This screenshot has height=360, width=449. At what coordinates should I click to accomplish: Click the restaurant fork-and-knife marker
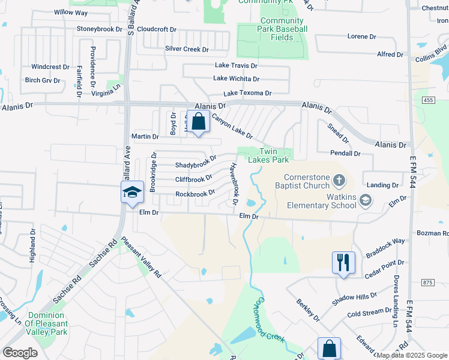[x=343, y=262]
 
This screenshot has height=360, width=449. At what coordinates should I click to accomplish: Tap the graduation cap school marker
[x=132, y=193]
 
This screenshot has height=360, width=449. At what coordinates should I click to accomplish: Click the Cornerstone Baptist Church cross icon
[x=339, y=179]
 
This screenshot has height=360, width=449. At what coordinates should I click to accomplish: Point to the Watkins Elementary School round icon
[x=365, y=201]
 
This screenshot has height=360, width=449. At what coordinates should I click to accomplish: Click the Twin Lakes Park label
[x=274, y=155]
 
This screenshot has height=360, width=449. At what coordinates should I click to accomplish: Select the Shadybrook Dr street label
[x=195, y=164]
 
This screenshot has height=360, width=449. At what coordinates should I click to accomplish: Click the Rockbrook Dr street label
[x=195, y=194]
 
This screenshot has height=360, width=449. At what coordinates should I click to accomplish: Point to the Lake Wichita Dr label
[x=236, y=79]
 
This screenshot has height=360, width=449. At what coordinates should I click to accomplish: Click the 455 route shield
[x=427, y=100]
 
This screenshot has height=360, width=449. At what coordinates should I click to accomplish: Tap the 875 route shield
[x=427, y=282]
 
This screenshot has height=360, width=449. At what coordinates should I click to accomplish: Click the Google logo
[x=20, y=352]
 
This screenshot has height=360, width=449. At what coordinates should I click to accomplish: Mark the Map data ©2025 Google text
[x=411, y=355]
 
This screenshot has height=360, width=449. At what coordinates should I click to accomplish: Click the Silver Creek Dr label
[x=187, y=49]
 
